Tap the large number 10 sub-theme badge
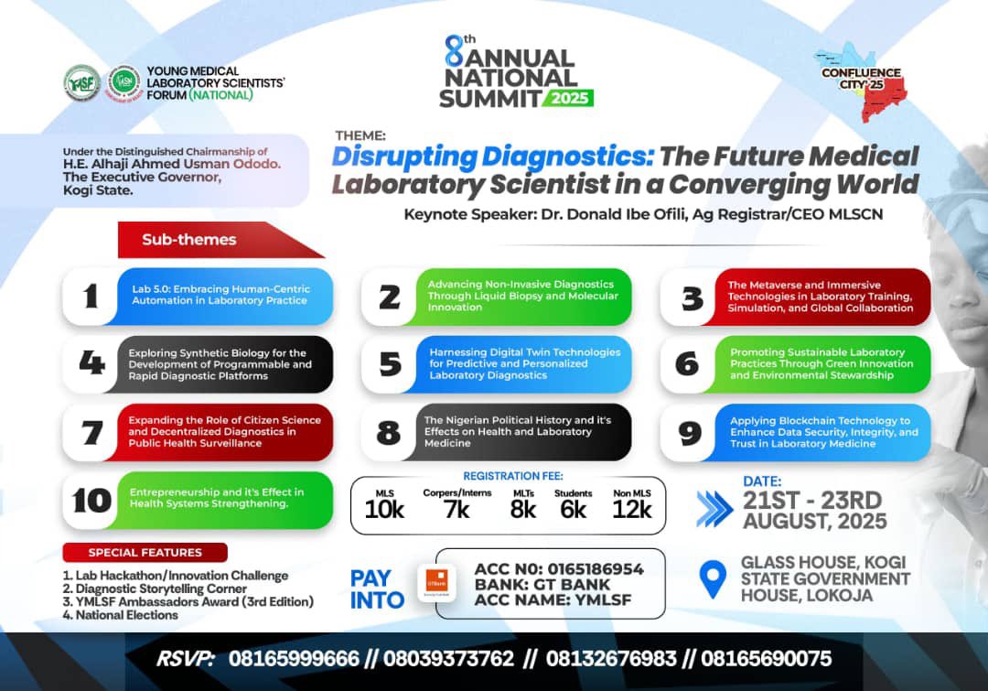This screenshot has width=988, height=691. pos(91,501)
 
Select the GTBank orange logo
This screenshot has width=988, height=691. pos(436,583)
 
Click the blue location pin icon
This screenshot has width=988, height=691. pos(713,579)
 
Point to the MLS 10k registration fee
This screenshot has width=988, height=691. pos(384,505)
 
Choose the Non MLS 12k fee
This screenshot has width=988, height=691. pos(632,505)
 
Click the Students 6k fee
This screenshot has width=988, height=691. pos(574,505)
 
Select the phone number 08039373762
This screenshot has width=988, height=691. pos(449,659)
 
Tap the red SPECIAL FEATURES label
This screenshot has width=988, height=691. pos(145,553)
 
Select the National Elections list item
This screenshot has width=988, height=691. pos(121,615)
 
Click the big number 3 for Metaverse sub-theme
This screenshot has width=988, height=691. pos(693,297)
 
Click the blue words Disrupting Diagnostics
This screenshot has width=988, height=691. pos(492,157)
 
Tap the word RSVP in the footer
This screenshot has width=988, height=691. pos(186,659)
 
